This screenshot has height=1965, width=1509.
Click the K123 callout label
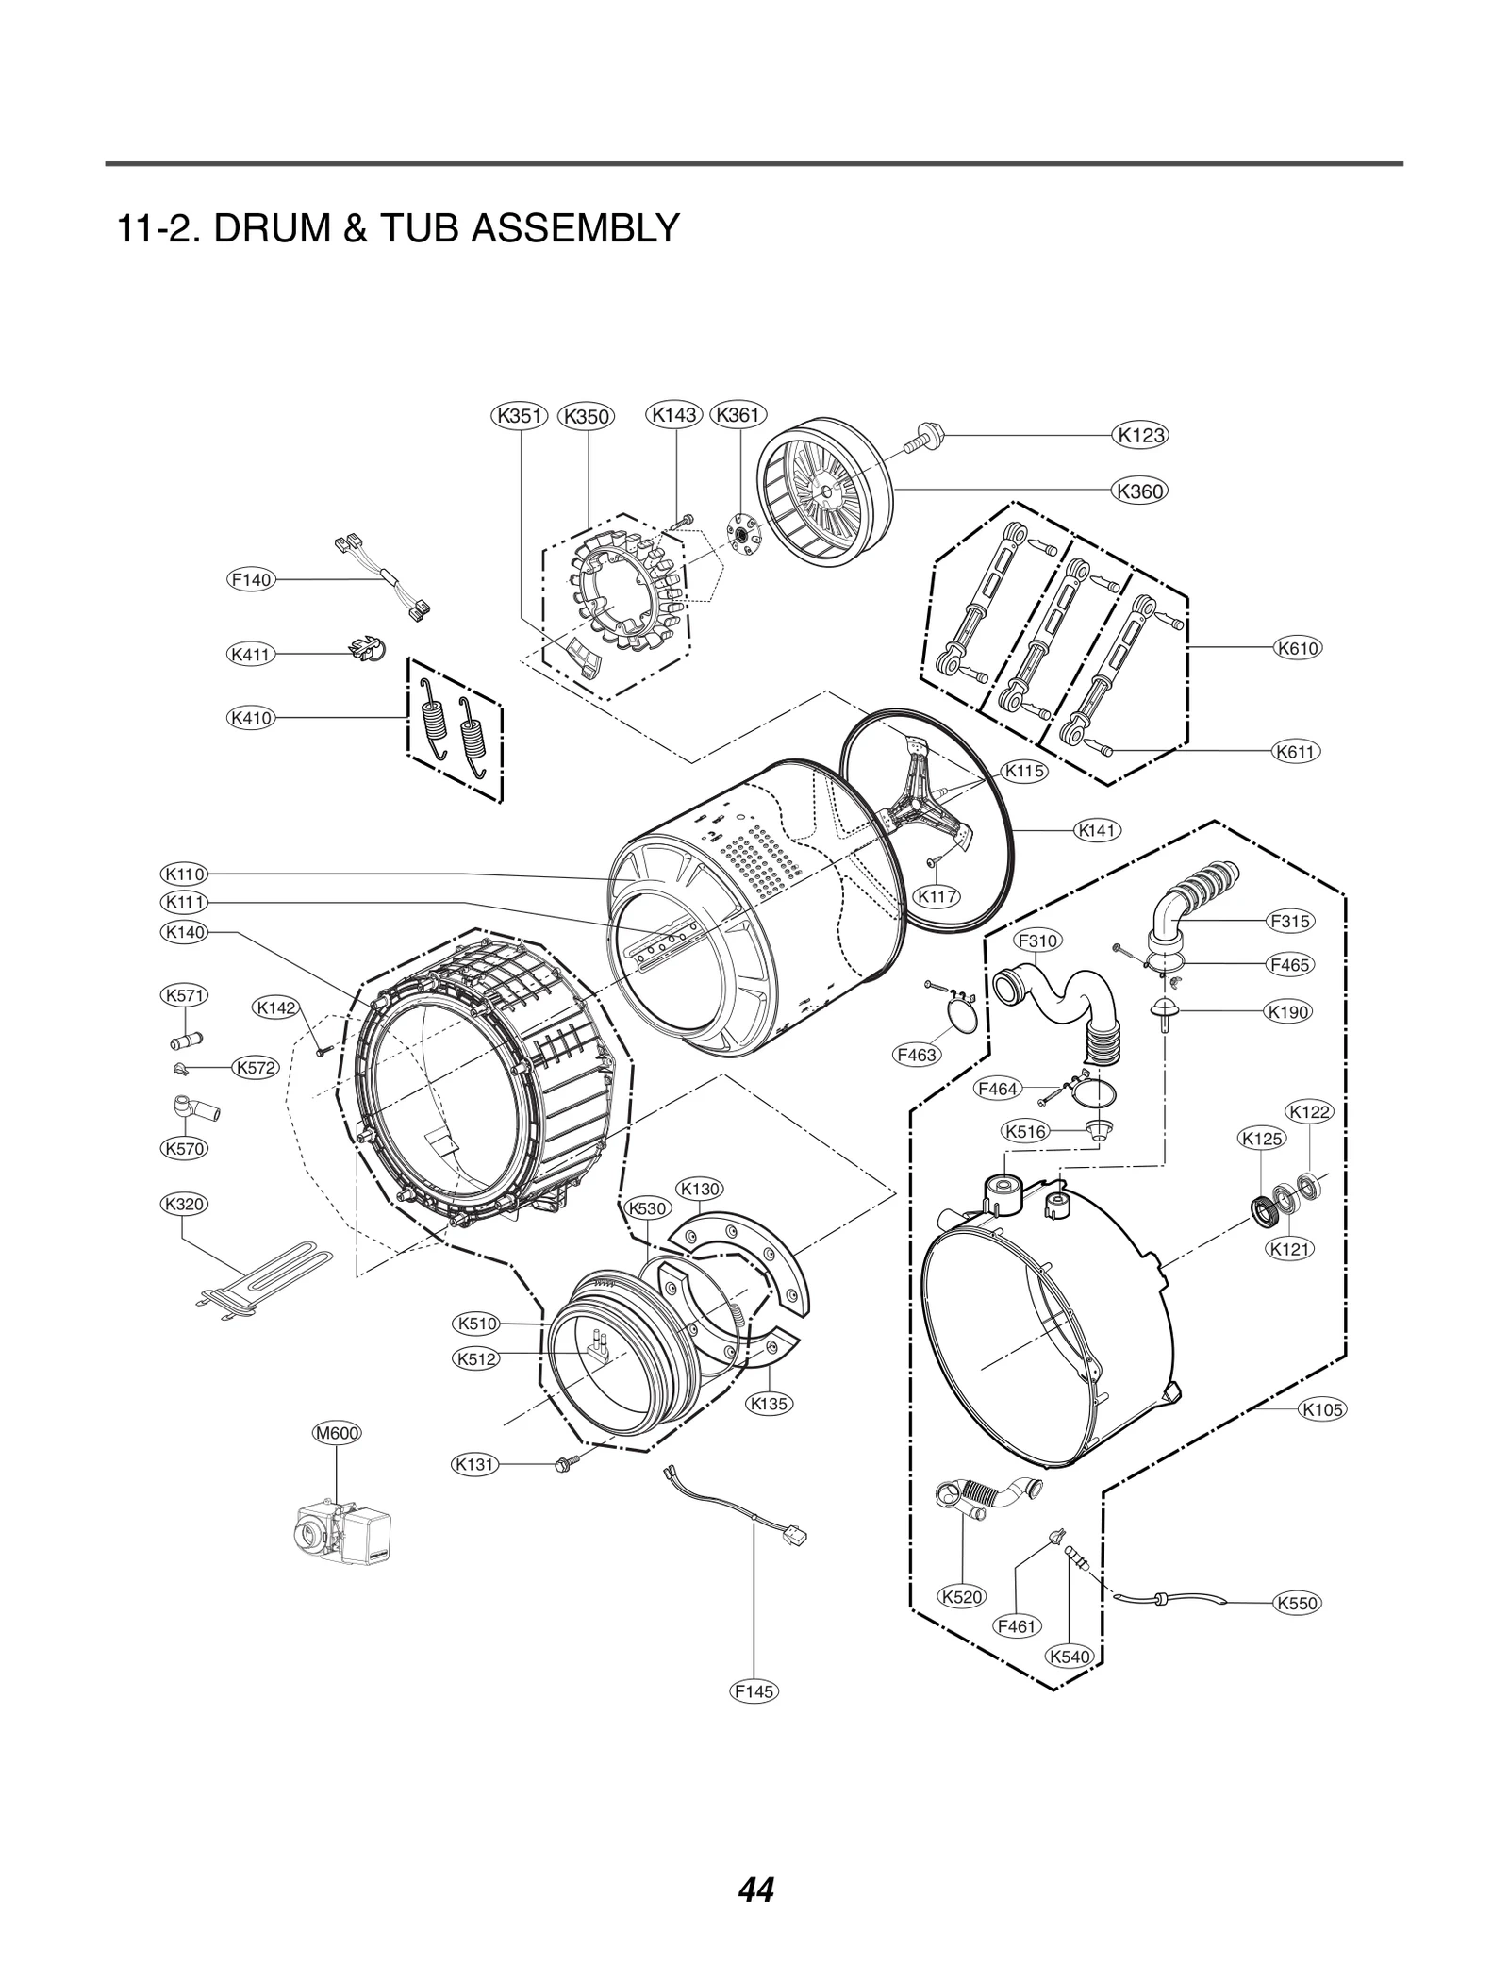(x=1140, y=436)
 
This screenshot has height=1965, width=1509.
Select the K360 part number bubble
(x=1139, y=491)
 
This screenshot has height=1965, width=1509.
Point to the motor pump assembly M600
(x=340, y=1536)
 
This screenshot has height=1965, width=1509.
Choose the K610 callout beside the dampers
(x=1297, y=648)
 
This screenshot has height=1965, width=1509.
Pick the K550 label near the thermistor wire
(x=1296, y=1603)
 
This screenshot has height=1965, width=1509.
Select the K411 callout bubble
(x=251, y=654)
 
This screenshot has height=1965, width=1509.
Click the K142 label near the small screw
(x=277, y=1007)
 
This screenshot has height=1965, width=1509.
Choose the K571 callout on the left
(x=185, y=995)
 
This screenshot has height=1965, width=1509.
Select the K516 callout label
(x=1025, y=1131)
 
